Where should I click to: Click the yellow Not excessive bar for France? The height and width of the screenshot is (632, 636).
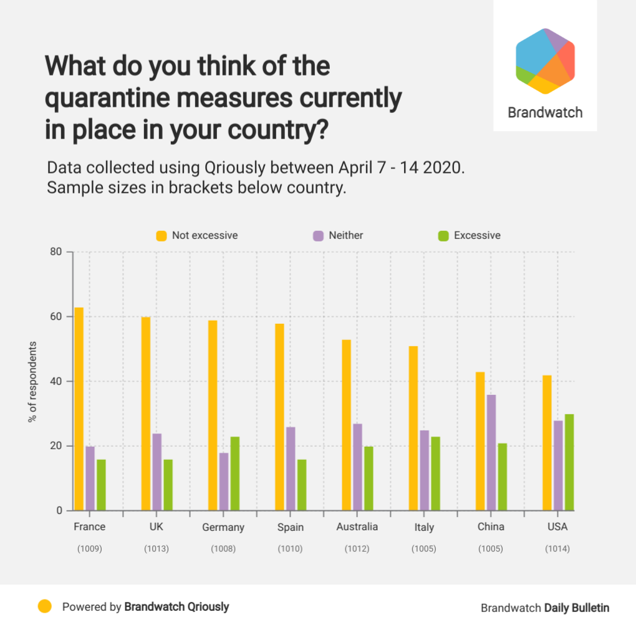click(79, 409)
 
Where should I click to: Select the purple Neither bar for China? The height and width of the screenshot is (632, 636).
click(491, 452)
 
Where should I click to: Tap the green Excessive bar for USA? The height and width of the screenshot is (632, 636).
click(569, 462)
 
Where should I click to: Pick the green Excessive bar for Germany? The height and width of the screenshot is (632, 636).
click(235, 474)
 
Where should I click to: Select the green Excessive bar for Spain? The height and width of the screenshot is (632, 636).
click(302, 485)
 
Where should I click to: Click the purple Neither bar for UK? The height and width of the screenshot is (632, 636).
click(157, 472)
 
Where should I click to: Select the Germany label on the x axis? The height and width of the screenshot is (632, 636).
click(223, 527)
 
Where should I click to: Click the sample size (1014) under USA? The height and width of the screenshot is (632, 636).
click(557, 549)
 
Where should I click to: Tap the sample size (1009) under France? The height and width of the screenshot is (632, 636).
click(89, 549)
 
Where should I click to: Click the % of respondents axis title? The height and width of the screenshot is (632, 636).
click(32, 381)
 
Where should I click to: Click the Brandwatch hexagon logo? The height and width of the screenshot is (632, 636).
click(545, 61)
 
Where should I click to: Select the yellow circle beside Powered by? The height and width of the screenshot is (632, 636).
click(45, 606)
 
